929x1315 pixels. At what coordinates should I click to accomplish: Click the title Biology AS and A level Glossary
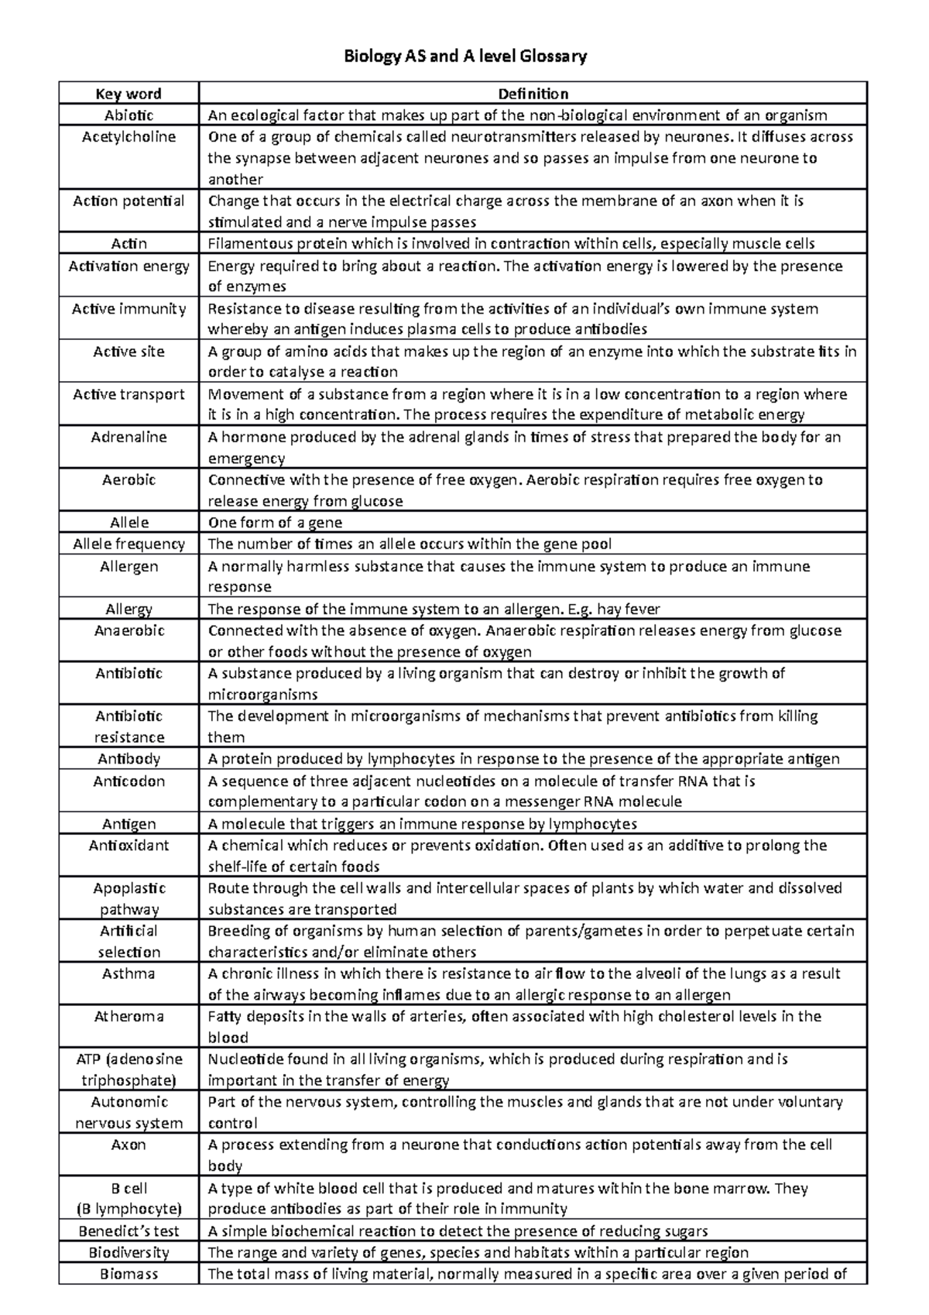(x=464, y=57)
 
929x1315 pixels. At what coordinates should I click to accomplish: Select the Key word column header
(x=129, y=94)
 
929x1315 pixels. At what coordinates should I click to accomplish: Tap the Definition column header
(x=533, y=94)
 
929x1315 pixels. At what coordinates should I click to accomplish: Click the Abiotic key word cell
(x=129, y=115)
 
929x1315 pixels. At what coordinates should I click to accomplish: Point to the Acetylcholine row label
(x=129, y=137)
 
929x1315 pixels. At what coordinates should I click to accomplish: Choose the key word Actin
(x=129, y=244)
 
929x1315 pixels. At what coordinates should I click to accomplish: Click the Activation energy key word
(x=129, y=266)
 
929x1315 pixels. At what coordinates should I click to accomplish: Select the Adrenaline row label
(x=129, y=437)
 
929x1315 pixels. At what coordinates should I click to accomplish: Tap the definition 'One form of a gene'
(x=275, y=523)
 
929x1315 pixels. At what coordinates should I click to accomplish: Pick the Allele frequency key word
(x=129, y=544)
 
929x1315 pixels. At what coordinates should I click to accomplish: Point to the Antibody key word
(x=129, y=759)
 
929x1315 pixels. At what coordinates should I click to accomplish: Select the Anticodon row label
(x=129, y=781)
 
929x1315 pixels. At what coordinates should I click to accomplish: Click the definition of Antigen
(x=422, y=824)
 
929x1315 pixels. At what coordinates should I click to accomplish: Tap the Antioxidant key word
(x=129, y=846)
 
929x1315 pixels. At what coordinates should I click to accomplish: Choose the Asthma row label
(x=129, y=973)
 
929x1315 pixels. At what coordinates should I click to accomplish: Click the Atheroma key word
(x=129, y=1016)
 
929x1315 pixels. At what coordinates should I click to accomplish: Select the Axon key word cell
(x=129, y=1145)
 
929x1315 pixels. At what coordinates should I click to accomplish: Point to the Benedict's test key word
(x=129, y=1231)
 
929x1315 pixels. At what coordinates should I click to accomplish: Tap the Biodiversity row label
(x=129, y=1252)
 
